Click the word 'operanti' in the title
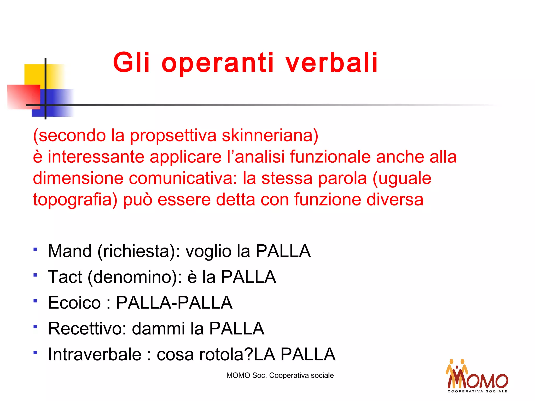coord(218,63)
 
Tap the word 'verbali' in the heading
coord(332,63)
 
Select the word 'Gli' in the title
coord(131,63)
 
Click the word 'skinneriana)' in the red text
coord(270,135)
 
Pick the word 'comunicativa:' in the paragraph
coord(183,178)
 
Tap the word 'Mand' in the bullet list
coord(70,251)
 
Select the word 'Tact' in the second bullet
coord(65,277)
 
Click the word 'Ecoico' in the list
coord(74,303)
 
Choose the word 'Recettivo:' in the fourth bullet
coord(87,328)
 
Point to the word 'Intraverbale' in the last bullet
coord(95,355)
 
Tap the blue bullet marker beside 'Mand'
coord(35,249)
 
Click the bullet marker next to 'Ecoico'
coord(35,301)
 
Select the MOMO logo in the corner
coord(477,376)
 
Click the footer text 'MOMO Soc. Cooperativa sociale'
coord(280,375)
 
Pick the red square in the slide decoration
coord(24,97)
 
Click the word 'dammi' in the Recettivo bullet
coord(159,328)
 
